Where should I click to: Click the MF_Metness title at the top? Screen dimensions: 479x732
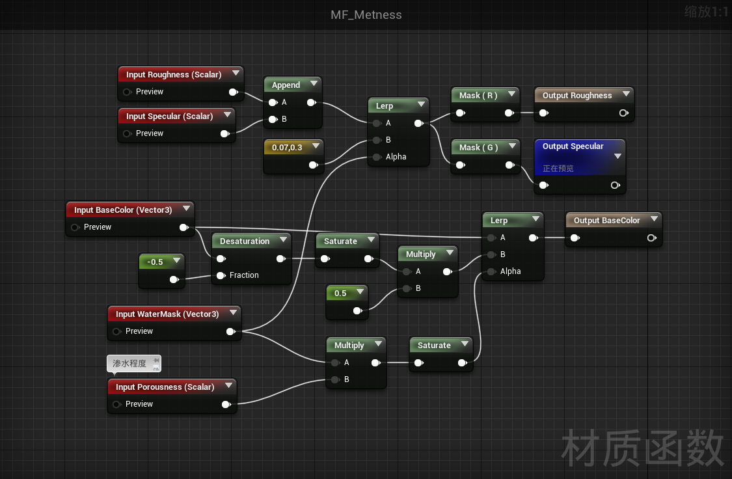click(366, 14)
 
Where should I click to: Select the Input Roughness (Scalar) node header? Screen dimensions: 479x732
click(174, 74)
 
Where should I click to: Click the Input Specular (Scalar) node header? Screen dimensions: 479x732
click(169, 116)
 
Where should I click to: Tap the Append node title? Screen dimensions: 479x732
click(286, 85)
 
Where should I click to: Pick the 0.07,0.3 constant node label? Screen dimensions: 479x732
click(287, 147)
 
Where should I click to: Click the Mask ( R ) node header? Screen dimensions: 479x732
click(478, 95)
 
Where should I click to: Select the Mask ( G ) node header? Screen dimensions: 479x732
click(478, 147)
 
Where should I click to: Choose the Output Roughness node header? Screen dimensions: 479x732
click(577, 95)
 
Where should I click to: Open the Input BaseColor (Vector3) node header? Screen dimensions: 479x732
click(123, 210)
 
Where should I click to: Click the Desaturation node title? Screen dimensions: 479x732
click(245, 241)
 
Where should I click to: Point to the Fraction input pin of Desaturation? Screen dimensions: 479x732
click(221, 275)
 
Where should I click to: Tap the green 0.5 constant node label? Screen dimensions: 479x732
click(340, 293)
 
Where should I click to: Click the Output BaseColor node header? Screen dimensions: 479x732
click(606, 220)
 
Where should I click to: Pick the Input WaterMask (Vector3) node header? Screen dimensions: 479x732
click(167, 314)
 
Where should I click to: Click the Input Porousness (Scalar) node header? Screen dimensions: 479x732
click(165, 387)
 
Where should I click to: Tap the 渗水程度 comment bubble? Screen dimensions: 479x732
click(129, 363)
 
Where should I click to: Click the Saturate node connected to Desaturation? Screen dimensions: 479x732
click(340, 241)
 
